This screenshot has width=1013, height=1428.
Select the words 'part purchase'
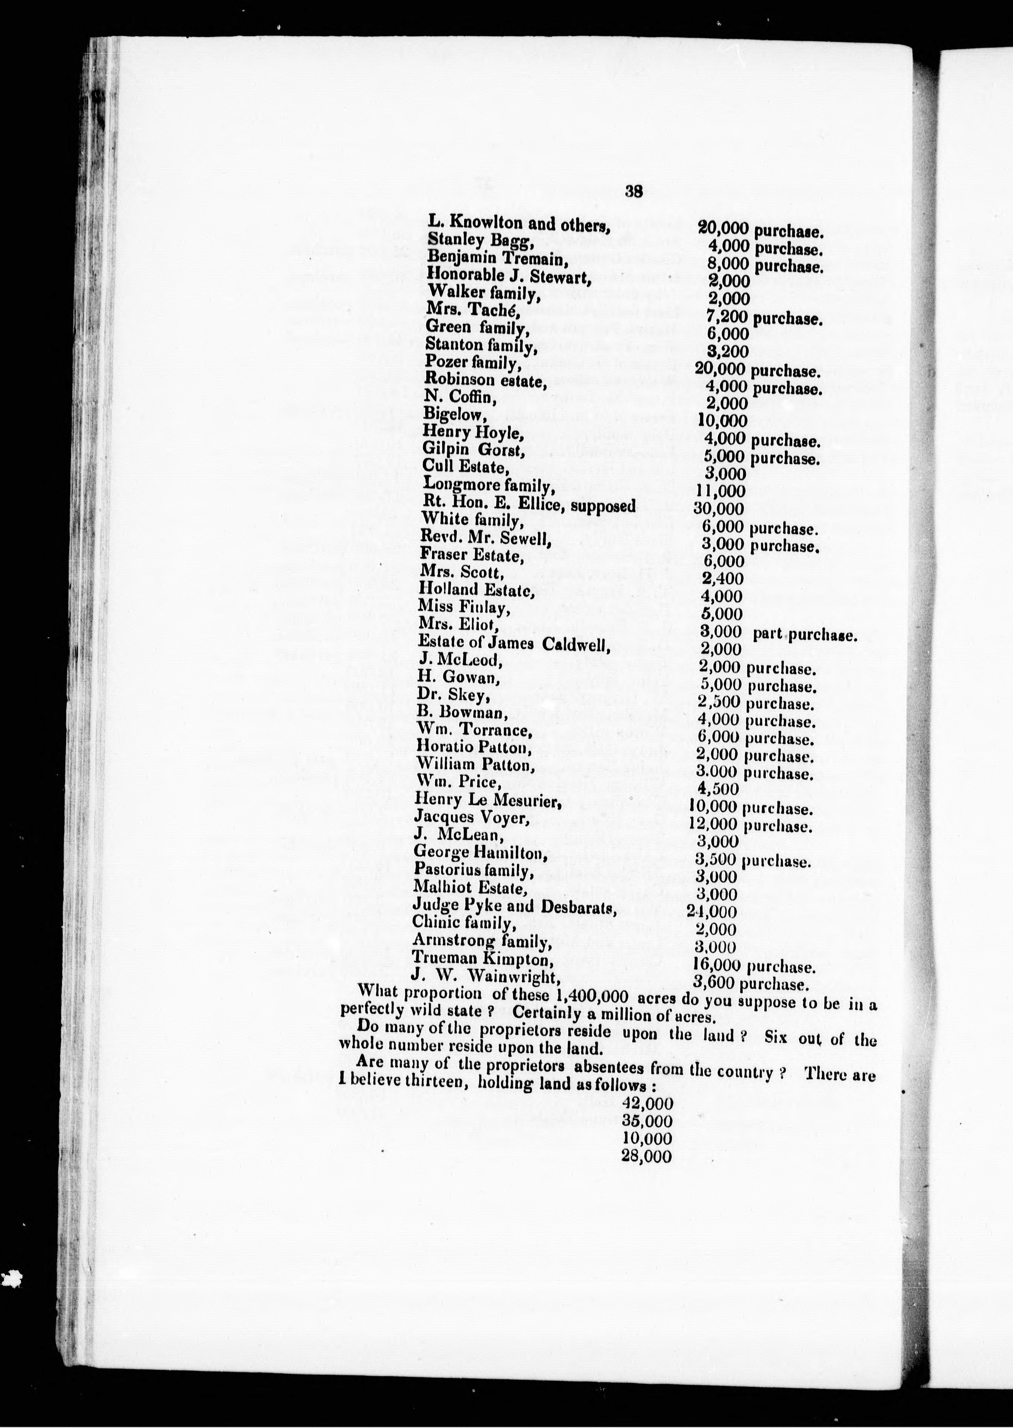pos(805,636)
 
